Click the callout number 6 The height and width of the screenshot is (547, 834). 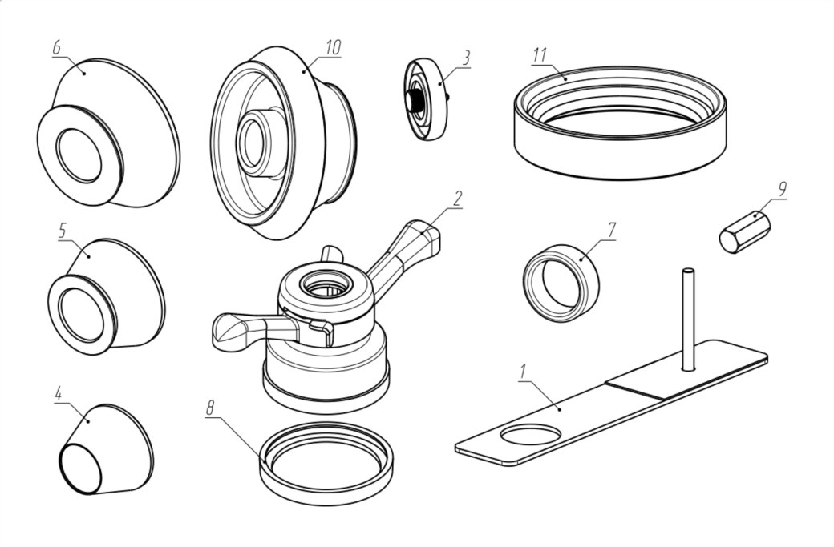click(x=56, y=47)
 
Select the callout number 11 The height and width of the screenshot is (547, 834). click(x=540, y=54)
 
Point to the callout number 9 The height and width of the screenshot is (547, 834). click(x=781, y=188)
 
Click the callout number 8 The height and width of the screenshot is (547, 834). click(x=211, y=408)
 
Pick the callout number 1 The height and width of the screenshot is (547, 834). click(x=524, y=372)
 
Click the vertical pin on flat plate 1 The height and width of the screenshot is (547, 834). click(x=688, y=320)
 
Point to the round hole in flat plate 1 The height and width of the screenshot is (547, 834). click(x=530, y=435)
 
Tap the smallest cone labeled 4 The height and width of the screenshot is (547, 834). click(x=105, y=449)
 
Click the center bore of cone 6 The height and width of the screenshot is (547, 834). click(x=79, y=155)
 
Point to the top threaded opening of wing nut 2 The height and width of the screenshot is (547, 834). click(x=326, y=285)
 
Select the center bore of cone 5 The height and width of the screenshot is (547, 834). click(x=81, y=316)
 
